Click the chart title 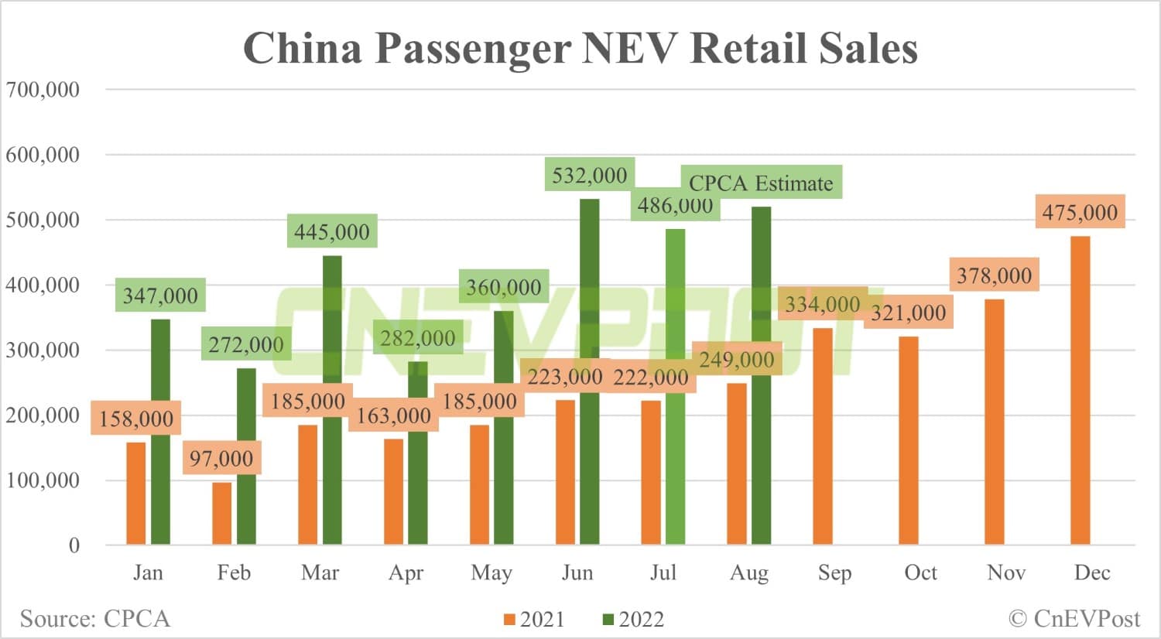(x=580, y=48)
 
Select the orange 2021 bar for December (x=1080, y=391)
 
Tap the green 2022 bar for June (x=590, y=371)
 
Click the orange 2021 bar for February (x=222, y=514)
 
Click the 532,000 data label (x=590, y=176)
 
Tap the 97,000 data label (x=221, y=459)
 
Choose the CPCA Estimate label (x=761, y=183)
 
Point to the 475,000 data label (x=1080, y=212)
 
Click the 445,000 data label (x=331, y=231)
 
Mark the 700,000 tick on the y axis (x=43, y=90)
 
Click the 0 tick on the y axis (x=74, y=545)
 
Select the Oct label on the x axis (x=920, y=572)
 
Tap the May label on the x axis (x=491, y=572)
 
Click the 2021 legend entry (x=534, y=620)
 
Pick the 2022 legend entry (x=633, y=620)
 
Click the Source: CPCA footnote (x=94, y=619)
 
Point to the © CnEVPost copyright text (x=1074, y=619)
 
